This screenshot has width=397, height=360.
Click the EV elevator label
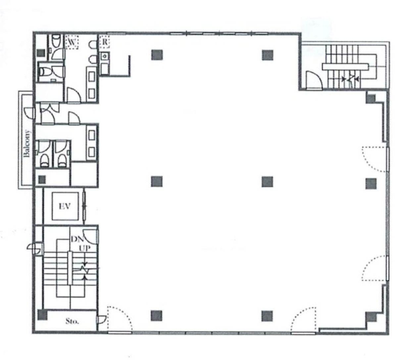coord(65,206)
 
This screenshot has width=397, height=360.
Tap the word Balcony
coord(27,143)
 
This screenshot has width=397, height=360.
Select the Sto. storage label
coord(72,321)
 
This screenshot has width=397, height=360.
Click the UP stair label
coord(84,248)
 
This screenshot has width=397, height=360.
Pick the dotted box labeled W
coord(72,42)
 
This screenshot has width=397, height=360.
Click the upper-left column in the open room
coord(157,55)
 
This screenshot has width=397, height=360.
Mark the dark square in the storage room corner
coord(42,315)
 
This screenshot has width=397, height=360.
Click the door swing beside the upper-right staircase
coord(314,80)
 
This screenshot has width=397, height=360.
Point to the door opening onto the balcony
coord(29,113)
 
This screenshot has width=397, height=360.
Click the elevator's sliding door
coord(84,206)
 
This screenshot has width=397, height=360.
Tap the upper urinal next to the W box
coord(93,45)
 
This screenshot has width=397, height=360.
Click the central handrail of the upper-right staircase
coord(345,67)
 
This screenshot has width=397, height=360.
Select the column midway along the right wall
coord(371,183)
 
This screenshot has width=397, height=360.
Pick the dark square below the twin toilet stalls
coord(42,180)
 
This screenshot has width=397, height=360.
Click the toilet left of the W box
coord(56,41)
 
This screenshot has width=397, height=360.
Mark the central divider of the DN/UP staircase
coord(70,268)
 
